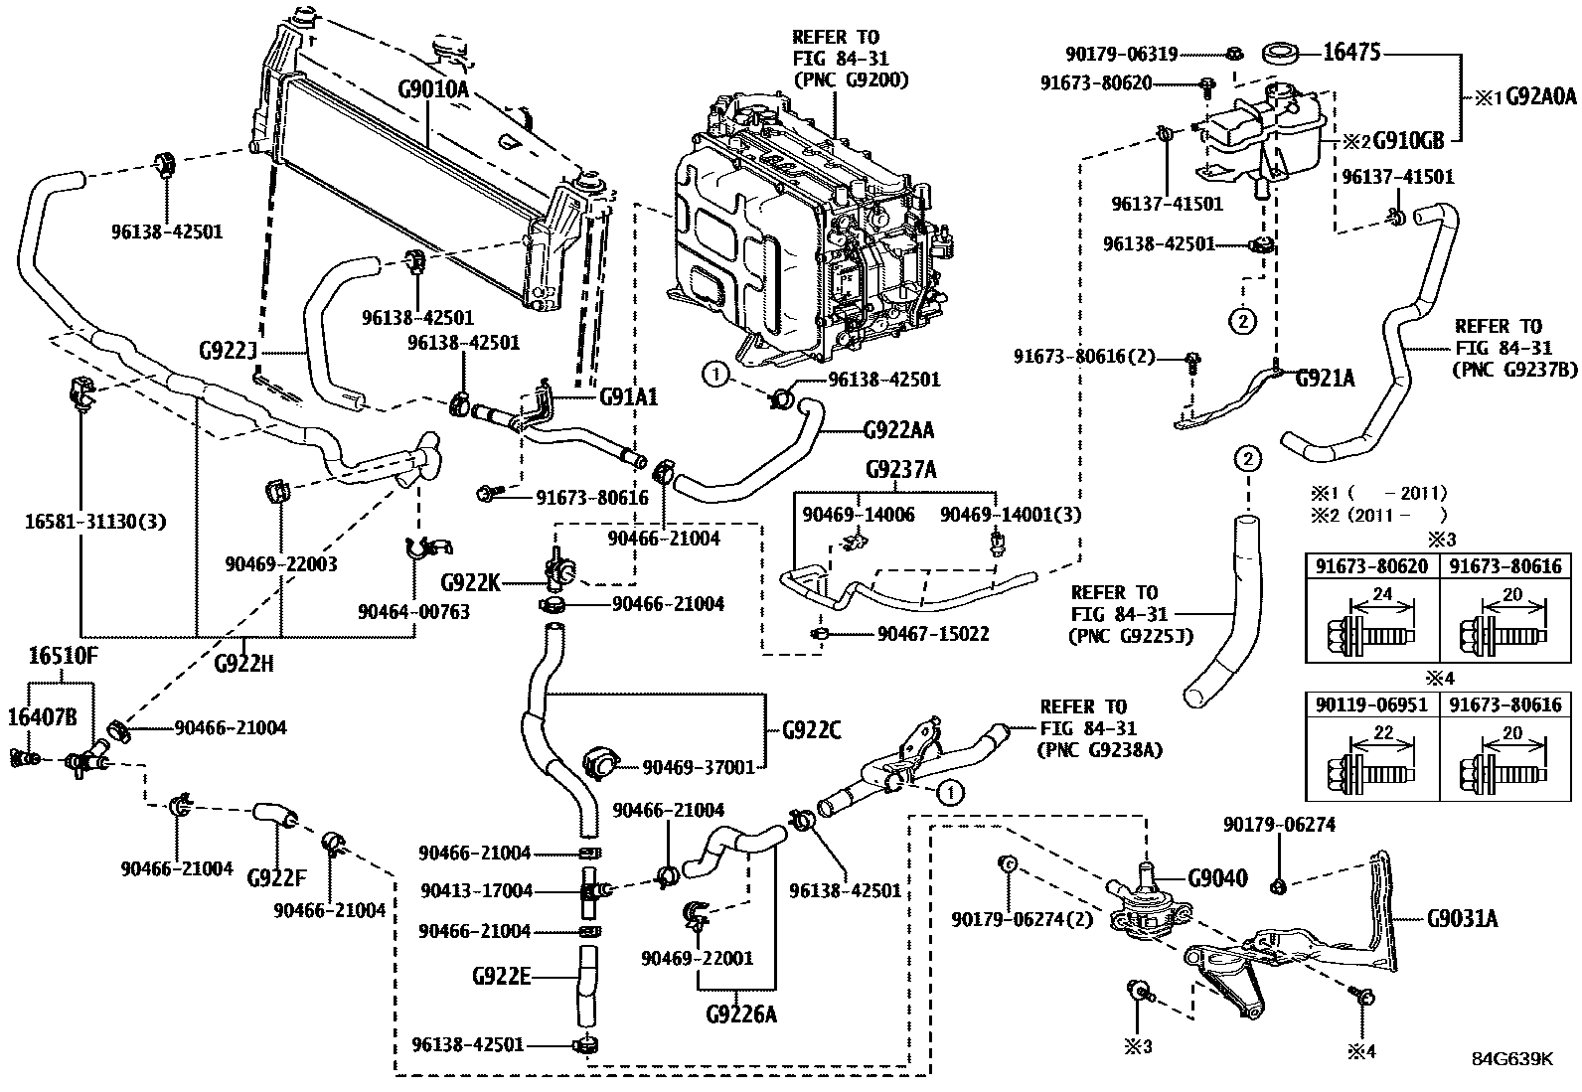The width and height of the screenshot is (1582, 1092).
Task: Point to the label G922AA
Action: pos(898,430)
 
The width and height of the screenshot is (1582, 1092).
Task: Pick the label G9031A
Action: pos(1462,919)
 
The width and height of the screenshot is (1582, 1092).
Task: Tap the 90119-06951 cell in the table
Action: pos(1372,704)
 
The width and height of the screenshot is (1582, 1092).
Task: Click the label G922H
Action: pos(242,663)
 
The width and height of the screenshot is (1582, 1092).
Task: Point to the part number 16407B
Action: pos(42,717)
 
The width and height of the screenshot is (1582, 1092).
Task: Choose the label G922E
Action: pos(502,977)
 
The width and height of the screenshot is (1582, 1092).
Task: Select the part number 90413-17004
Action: pos(476,891)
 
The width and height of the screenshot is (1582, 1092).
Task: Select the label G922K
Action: pos(470,582)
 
